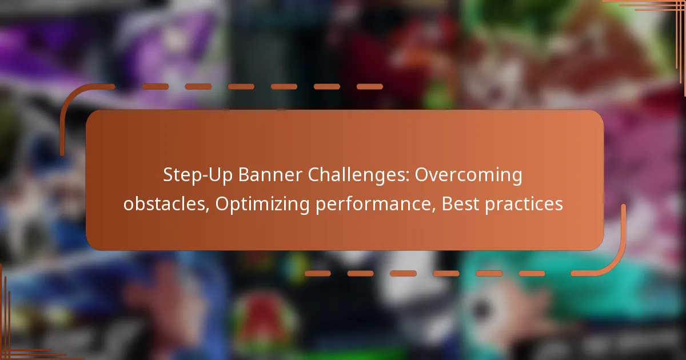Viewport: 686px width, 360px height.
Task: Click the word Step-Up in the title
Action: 198,175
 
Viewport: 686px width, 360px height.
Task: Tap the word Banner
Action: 270,175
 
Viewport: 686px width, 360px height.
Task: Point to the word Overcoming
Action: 469,175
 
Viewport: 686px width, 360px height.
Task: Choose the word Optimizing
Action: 262,205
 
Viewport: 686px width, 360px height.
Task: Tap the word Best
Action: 460,204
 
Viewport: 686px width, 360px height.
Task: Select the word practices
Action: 524,205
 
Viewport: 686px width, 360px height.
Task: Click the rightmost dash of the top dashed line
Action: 370,87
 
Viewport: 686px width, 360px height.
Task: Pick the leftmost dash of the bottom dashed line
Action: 318,273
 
